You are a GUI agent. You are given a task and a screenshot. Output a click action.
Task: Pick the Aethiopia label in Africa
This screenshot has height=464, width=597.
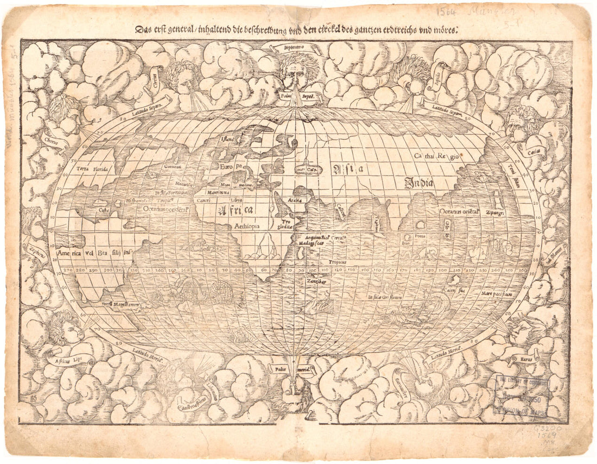click(247, 224)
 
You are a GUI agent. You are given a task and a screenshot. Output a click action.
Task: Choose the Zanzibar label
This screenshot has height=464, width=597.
click(314, 281)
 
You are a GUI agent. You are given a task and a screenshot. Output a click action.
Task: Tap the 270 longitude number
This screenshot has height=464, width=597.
click(68, 269)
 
